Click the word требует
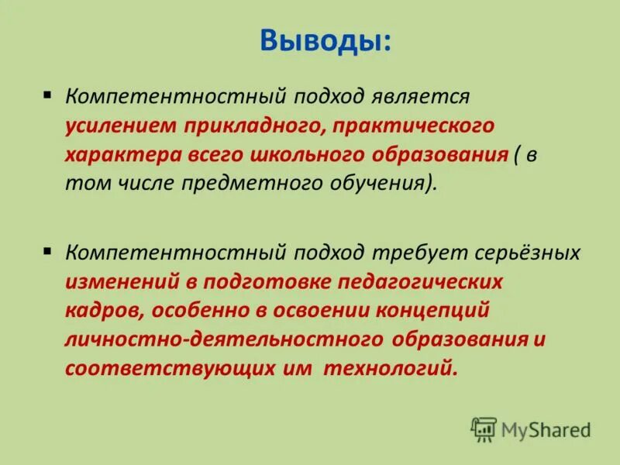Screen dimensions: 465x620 tap(419, 253)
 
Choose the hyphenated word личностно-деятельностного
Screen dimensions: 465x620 tap(225, 339)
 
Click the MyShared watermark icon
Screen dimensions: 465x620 tap(484, 429)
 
